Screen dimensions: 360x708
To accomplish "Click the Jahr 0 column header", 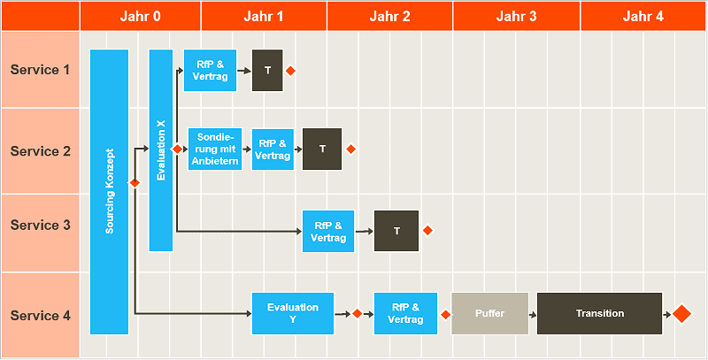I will coord(140,16).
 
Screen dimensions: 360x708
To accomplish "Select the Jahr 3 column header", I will coord(516,16).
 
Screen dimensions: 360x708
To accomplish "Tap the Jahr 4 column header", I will coord(643,16).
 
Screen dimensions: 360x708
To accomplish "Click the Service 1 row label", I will coord(40,70).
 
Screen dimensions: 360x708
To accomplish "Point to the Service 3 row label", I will coord(40,226).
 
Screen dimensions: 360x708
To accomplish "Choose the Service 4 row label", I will coord(40,316).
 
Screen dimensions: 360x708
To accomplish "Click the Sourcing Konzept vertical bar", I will coord(110,192).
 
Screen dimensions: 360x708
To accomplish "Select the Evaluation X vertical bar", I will coord(160,150).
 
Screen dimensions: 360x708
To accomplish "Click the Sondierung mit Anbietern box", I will coord(214,149).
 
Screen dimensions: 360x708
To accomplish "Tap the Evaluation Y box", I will coord(293,313).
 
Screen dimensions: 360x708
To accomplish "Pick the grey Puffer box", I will coord(489,313).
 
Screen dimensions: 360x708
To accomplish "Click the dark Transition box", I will coord(599,313).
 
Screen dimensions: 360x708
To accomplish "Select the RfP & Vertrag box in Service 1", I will coord(210,70).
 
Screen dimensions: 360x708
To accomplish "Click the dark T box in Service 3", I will coord(396,231).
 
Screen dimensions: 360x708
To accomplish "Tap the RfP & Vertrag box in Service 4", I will coord(405,313).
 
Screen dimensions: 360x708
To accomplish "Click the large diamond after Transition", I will coord(681,314).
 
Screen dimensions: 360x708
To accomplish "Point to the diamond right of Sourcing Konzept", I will coord(135,183).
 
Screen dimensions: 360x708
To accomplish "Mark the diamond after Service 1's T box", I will coord(289,70).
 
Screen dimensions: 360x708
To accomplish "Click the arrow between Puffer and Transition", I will coord(533,314).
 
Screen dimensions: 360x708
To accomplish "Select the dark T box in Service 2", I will coord(322,149).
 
